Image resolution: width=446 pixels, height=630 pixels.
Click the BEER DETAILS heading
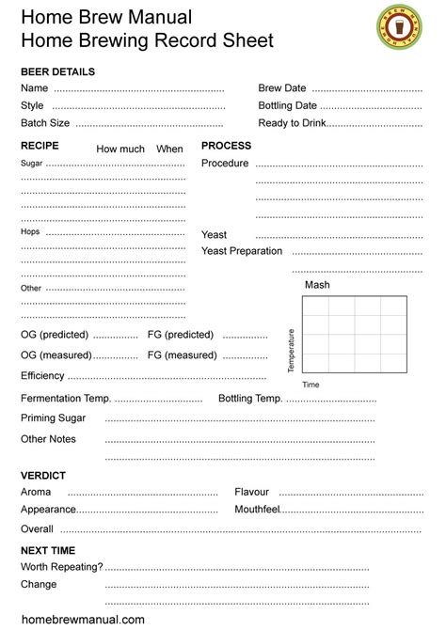click(57, 71)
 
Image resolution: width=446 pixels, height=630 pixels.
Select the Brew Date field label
click(282, 88)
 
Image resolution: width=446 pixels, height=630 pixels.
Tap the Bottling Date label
click(288, 106)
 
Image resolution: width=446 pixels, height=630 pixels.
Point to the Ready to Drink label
click(293, 123)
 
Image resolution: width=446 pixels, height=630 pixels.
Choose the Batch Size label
click(45, 123)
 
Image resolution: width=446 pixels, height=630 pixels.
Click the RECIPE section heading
click(40, 146)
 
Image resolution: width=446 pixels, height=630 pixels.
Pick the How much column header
click(120, 150)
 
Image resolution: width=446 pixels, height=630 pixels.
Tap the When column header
click(169, 150)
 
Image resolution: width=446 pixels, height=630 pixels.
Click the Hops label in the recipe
click(30, 231)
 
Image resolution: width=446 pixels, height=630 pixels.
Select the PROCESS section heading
click(226, 146)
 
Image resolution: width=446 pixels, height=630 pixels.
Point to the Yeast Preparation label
click(242, 251)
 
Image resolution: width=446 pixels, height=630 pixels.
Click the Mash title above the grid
click(317, 285)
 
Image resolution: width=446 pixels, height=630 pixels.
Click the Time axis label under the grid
click(311, 385)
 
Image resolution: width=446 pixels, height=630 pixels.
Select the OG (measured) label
click(56, 355)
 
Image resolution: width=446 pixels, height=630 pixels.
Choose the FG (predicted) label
click(181, 335)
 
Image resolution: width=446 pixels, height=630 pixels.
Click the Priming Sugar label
click(53, 418)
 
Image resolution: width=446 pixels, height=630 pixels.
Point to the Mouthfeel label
click(258, 510)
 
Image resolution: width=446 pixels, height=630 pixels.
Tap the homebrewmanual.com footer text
click(83, 620)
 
